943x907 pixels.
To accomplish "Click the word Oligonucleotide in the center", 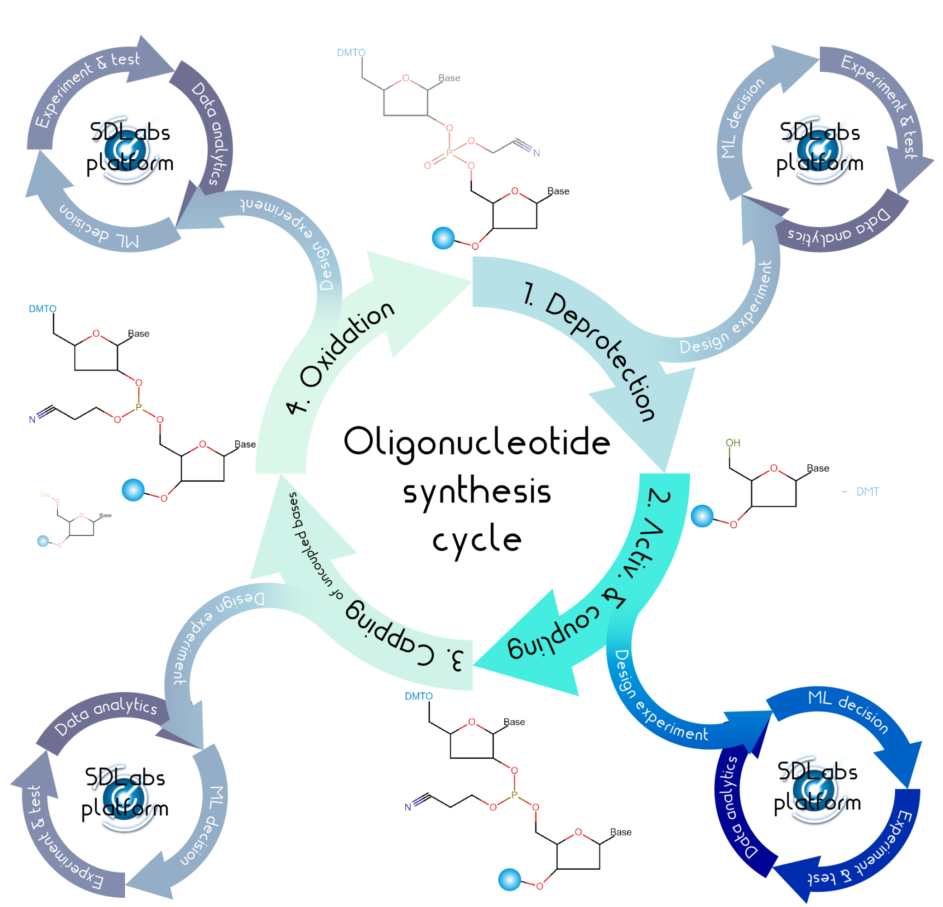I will [x=476, y=441].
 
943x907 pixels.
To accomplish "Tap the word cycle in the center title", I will [x=476, y=540].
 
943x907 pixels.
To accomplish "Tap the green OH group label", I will [x=733, y=442].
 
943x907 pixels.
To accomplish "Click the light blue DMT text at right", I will [x=867, y=491].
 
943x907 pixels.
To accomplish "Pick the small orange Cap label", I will [x=45, y=494].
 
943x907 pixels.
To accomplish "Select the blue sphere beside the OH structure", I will [x=702, y=516].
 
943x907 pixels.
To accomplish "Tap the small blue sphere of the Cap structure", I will [x=43, y=541].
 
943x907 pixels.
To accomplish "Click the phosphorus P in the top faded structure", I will [x=449, y=153].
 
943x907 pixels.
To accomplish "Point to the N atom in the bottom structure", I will [x=407, y=808].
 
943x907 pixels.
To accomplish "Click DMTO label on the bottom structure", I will [x=419, y=696].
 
